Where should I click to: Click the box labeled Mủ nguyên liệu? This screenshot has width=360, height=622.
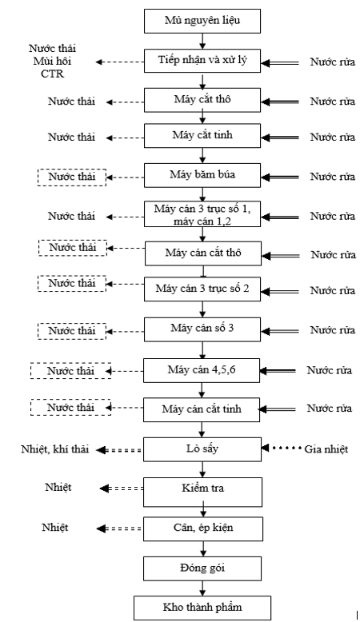pyautogui.click(x=202, y=21)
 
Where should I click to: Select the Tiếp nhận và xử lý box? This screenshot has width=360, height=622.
pyautogui.click(x=202, y=61)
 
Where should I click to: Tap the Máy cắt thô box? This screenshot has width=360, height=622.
pyautogui.click(x=202, y=100)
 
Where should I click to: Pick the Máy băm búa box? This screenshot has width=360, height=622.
pyautogui.click(x=202, y=175)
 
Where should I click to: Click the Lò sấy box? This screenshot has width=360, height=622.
pyautogui.click(x=202, y=449)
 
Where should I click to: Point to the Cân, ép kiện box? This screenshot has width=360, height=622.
pyautogui.click(x=203, y=528)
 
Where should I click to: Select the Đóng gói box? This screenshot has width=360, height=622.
pyautogui.click(x=202, y=568)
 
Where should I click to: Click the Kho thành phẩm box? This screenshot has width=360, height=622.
pyautogui.click(x=202, y=608)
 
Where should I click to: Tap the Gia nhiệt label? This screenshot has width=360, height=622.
pyautogui.click(x=326, y=449)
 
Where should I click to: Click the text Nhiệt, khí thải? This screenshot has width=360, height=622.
pyautogui.click(x=54, y=449)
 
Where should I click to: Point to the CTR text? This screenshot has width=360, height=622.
pyautogui.click(x=52, y=74)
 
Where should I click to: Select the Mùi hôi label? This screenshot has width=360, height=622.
pyautogui.click(x=52, y=61)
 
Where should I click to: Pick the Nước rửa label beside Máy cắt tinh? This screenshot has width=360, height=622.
pyautogui.click(x=333, y=138)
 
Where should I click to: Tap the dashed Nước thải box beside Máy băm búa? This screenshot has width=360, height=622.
pyautogui.click(x=72, y=177)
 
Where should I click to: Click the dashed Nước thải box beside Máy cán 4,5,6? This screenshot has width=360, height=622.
pyautogui.click(x=71, y=371)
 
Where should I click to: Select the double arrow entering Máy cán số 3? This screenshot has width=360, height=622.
pyautogui.click(x=280, y=331)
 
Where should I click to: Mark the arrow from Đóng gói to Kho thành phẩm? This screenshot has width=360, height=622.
pyautogui.click(x=202, y=588)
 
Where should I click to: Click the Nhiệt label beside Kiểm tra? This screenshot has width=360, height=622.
pyautogui.click(x=58, y=487)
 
